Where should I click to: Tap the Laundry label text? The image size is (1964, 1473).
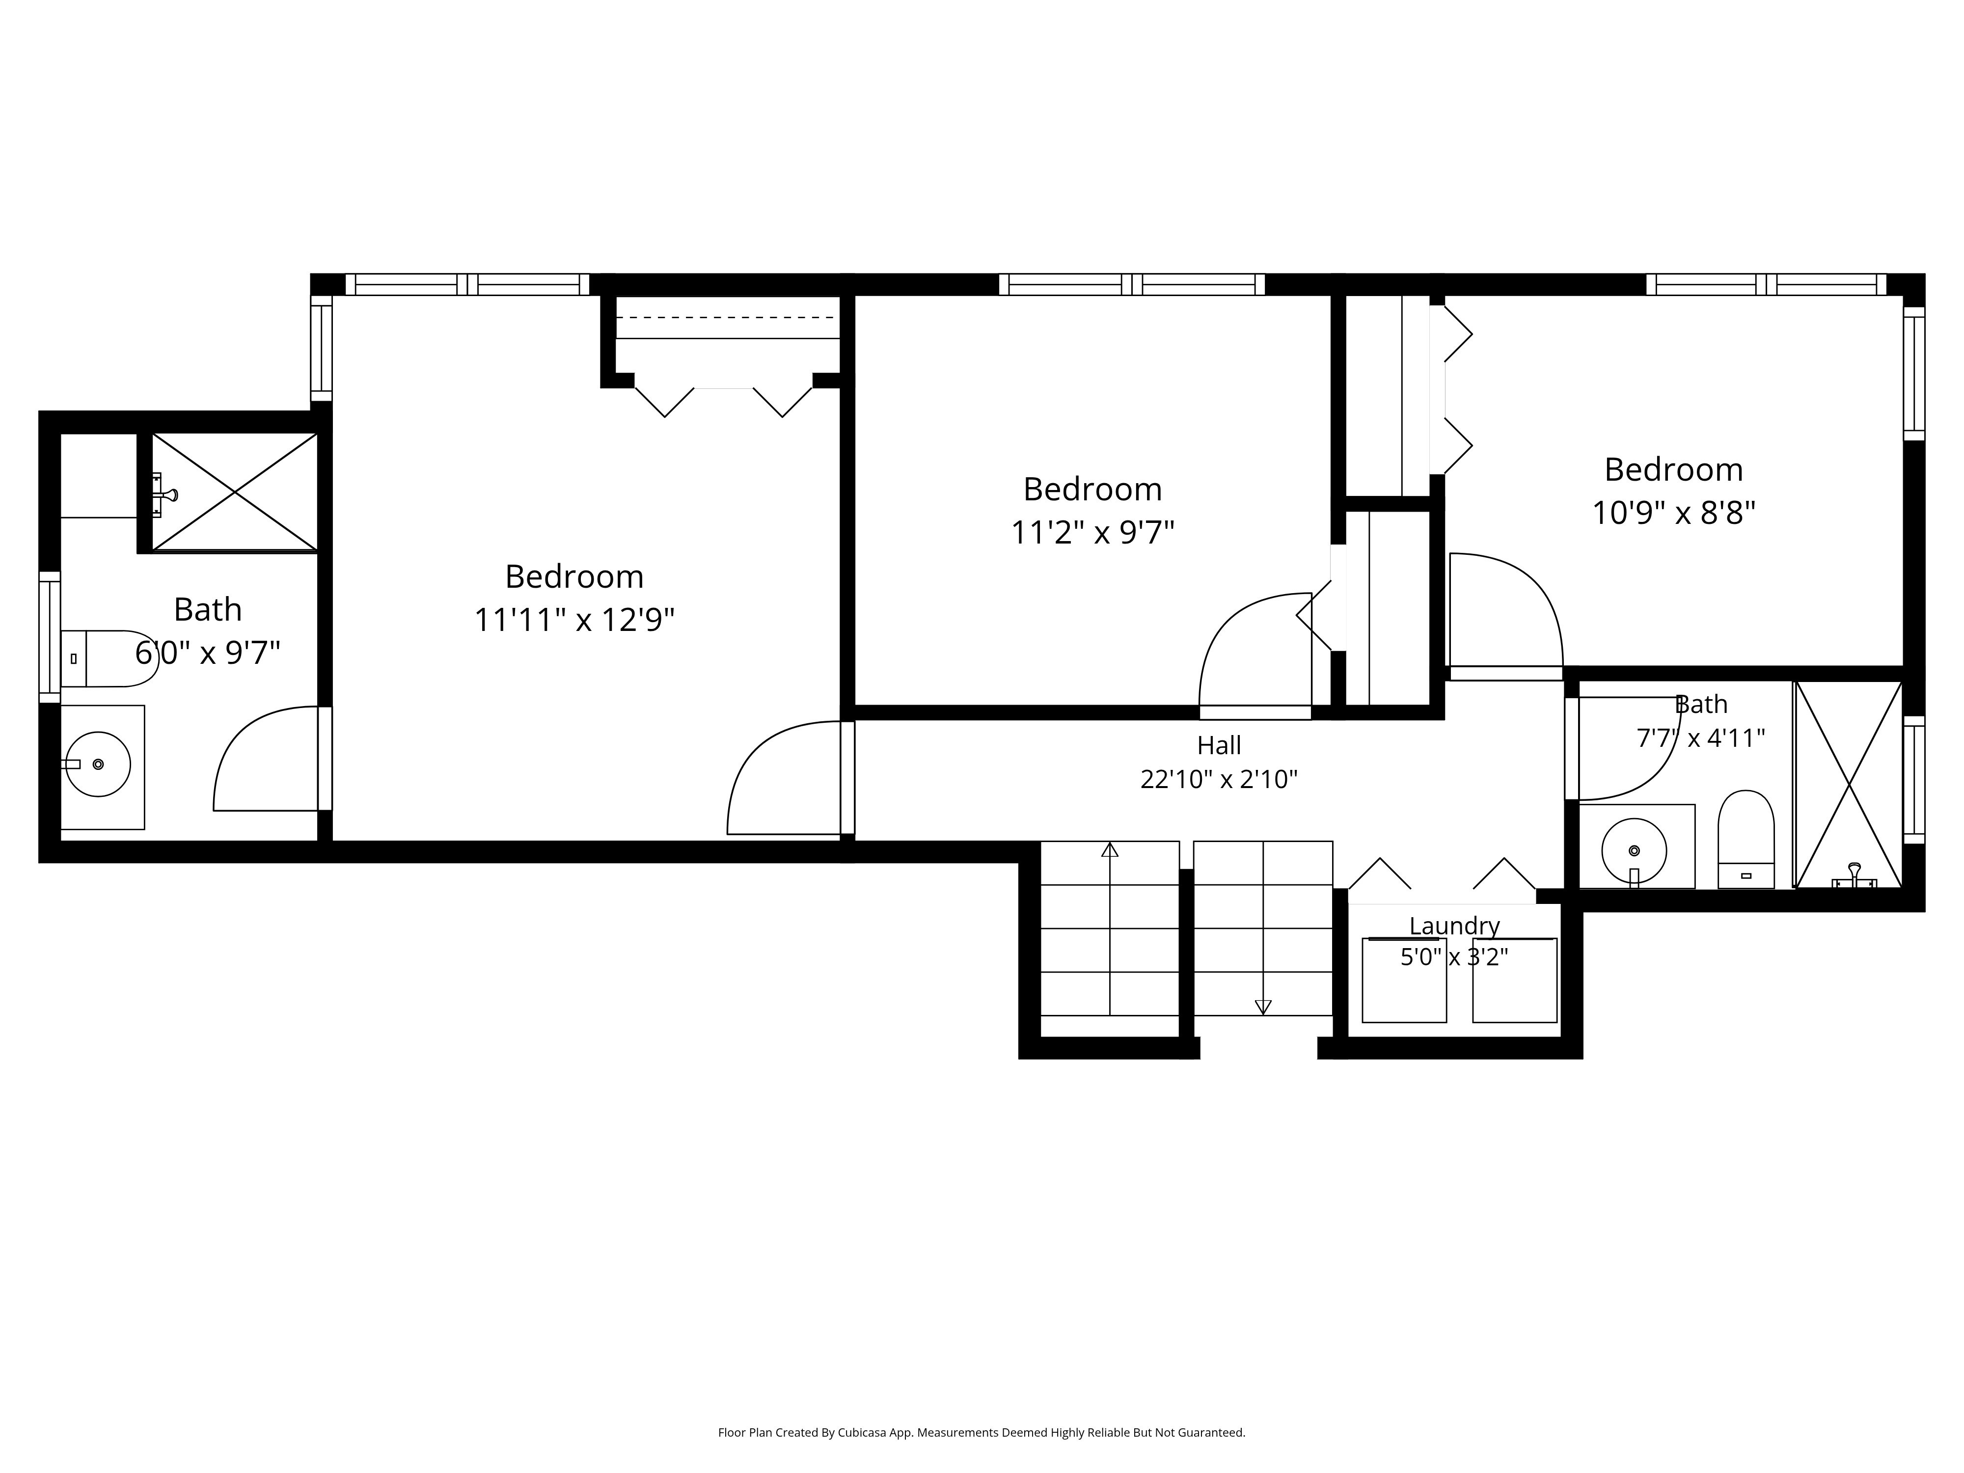tap(1454, 926)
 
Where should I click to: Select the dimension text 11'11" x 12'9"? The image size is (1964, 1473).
tap(574, 620)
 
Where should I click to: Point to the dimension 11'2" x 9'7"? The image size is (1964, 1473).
tap(1093, 533)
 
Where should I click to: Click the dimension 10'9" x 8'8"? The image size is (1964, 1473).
tap(1674, 513)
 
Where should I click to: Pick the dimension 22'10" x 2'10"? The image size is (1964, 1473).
tap(1219, 780)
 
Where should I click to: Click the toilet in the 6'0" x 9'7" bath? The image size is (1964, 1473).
tap(109, 659)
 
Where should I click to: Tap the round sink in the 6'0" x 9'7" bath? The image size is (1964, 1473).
tap(99, 764)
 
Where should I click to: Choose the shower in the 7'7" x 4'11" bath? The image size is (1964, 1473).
tap(1849, 784)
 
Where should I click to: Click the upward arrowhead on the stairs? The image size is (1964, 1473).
tap(1110, 850)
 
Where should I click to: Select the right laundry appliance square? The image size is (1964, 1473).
tap(1515, 980)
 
